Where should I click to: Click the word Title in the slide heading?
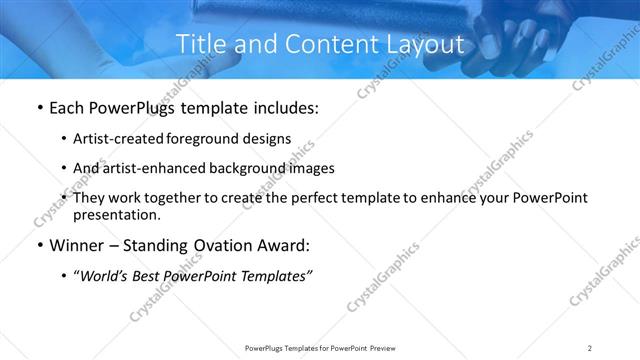[x=200, y=44]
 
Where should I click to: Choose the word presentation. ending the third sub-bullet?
[x=116, y=215]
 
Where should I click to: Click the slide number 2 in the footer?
[x=590, y=348]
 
